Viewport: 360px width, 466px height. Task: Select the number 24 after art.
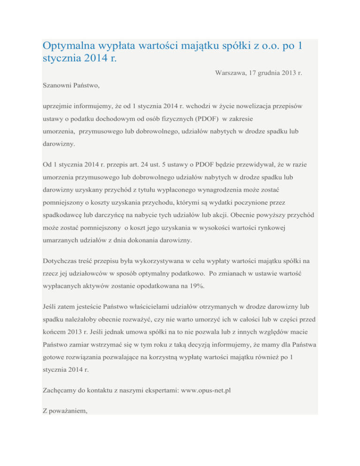pos(142,165)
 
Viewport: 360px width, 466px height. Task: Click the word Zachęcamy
pos(62,389)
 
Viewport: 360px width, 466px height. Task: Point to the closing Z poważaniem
pos(66,411)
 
